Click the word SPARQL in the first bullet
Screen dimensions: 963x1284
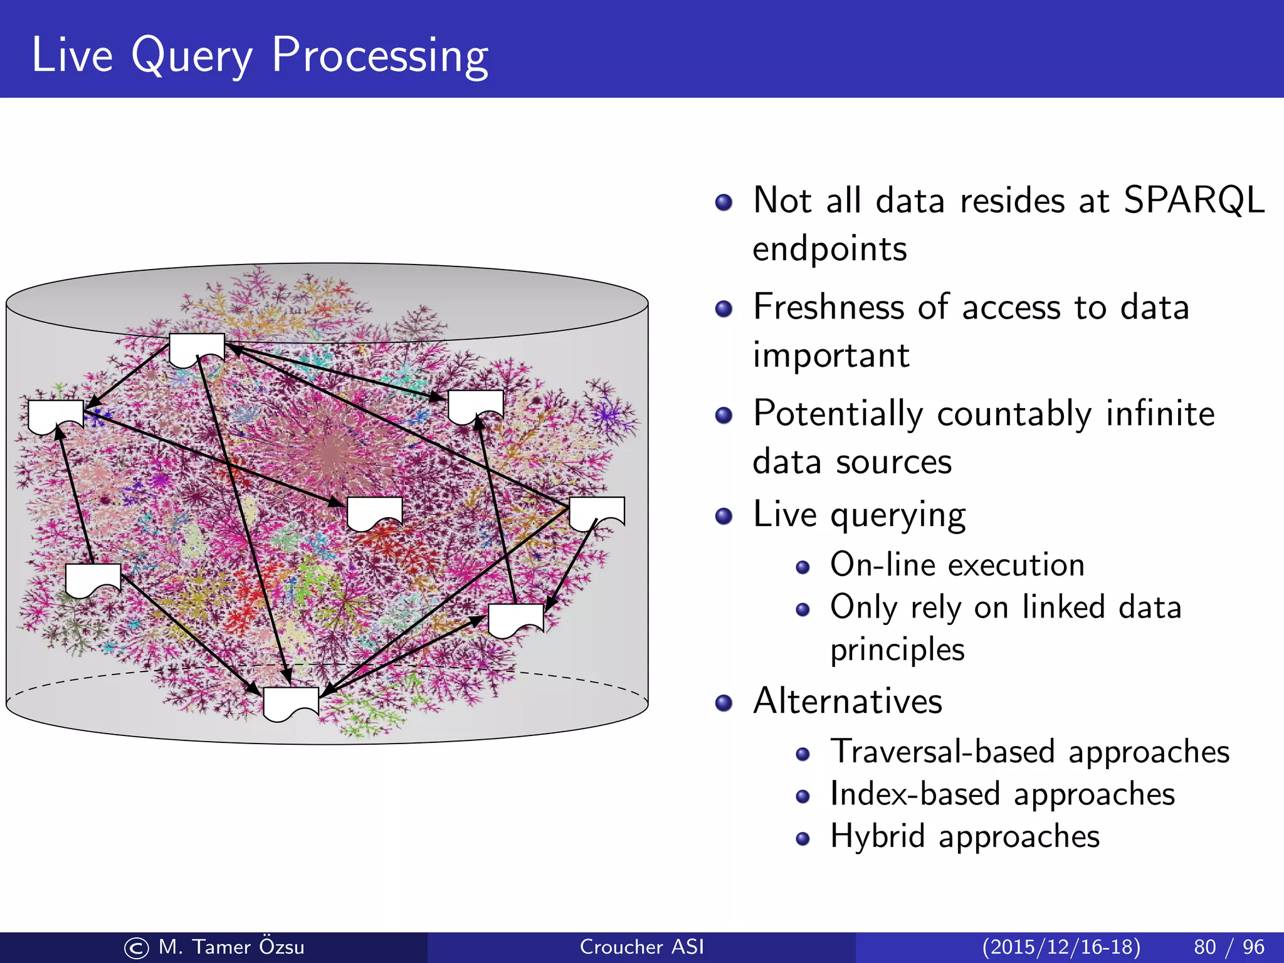[1193, 201]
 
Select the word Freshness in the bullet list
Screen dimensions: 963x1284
[828, 308]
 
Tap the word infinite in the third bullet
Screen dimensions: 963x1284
[1160, 414]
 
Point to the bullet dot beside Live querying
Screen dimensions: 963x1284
[724, 516]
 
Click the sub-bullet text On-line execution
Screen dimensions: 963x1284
[957, 565]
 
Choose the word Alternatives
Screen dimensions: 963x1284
[848, 701]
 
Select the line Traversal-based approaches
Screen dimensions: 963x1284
[1029, 752]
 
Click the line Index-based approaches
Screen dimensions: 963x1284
[1002, 794]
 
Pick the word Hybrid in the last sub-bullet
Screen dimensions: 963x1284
[877, 837]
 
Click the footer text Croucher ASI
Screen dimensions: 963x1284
[641, 947]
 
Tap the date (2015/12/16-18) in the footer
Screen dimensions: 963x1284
[1061, 947]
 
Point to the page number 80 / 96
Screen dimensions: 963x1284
[1229, 947]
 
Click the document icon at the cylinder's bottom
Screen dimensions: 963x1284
[291, 702]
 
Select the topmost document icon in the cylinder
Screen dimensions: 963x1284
[197, 349]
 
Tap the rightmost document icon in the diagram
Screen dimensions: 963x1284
[596, 512]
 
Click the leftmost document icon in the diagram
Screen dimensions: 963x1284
[56, 416]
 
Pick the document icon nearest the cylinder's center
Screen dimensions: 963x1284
[374, 512]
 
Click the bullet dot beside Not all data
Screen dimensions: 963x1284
[724, 202]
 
